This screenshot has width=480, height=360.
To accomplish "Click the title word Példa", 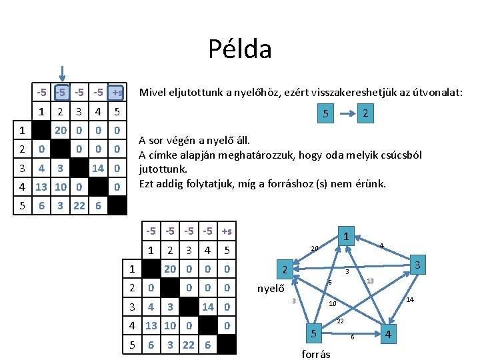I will pos(239,49).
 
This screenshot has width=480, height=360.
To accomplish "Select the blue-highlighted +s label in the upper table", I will pos(117,92).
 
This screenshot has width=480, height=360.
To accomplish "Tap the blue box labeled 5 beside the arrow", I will pos(325,114).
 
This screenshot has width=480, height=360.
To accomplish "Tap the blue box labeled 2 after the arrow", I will pos(364,114).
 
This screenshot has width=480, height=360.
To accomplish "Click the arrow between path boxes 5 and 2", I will pos(345,114).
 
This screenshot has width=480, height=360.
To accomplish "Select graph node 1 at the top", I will pos(347,235).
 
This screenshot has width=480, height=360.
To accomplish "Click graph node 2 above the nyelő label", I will pos(285,271).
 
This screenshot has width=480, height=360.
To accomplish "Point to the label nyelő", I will pos(271,289).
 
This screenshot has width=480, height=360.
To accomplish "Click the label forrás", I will pos(316,354).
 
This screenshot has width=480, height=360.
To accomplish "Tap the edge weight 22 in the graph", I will pos(340,321).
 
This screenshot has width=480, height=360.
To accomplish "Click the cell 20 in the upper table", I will pos(60,130).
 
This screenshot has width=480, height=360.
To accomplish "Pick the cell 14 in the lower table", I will pos(208,307).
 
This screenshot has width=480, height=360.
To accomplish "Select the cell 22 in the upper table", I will pos(79,205).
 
